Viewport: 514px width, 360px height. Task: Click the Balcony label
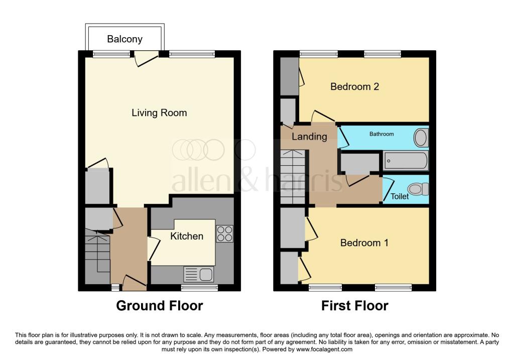click(x=124, y=39)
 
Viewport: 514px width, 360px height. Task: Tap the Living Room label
click(x=159, y=113)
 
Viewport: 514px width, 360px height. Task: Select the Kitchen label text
click(x=187, y=236)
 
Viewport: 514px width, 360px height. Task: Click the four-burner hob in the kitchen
click(x=224, y=234)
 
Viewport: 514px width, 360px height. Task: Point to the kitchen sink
click(x=199, y=274)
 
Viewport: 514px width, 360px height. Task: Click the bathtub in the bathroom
click(x=406, y=161)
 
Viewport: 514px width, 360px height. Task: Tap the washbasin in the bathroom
click(x=421, y=138)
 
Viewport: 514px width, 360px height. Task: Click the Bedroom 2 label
click(x=355, y=86)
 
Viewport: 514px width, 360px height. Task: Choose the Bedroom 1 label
click(x=364, y=243)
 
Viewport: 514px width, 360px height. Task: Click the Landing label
click(x=309, y=137)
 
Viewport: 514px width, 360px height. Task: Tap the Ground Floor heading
click(x=160, y=306)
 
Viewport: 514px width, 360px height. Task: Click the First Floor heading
click(x=355, y=306)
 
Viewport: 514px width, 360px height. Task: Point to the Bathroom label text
click(x=381, y=134)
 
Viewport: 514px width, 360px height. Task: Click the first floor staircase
click(x=293, y=177)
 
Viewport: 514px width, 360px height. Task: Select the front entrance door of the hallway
click(x=135, y=284)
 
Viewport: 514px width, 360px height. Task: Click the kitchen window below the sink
click(x=200, y=288)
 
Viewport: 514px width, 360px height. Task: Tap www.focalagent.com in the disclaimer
click(x=324, y=349)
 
